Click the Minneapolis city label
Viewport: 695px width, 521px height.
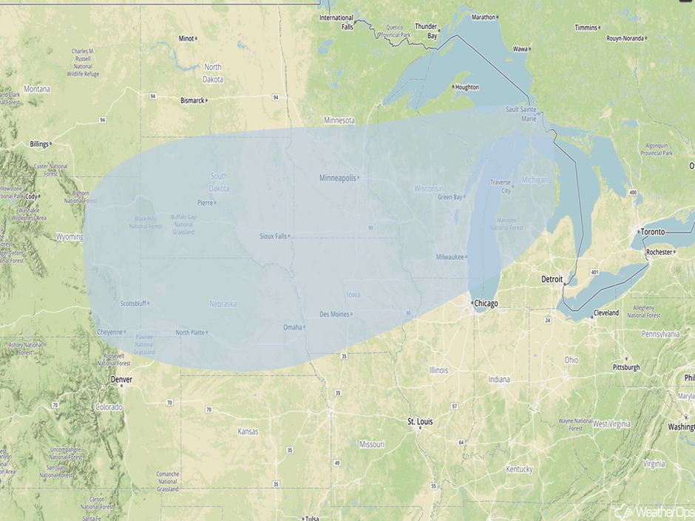[337, 178]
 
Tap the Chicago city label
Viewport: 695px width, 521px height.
[486, 304]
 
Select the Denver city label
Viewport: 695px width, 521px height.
[121, 379]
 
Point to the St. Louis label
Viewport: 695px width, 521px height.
[420, 421]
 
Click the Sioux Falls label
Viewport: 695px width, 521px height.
[273, 236]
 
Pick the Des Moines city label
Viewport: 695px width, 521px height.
[334, 314]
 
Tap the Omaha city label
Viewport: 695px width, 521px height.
[293, 327]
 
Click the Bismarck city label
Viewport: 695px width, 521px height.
[192, 100]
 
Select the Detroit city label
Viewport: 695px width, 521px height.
[552, 279]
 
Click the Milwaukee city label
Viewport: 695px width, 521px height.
[450, 257]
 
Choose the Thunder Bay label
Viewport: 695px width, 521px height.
[427, 30]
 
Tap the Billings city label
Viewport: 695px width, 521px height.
[40, 143]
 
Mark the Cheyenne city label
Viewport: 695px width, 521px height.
[109, 333]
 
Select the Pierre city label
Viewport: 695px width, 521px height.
[205, 202]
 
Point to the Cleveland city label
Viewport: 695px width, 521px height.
[606, 313]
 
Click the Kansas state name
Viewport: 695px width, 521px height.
[248, 431]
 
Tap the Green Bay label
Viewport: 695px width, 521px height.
[450, 197]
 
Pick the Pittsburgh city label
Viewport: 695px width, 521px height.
[626, 367]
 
